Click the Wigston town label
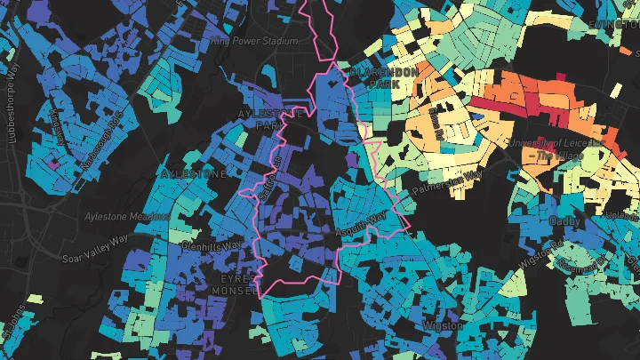tap(444, 325)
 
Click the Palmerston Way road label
tap(446, 181)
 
